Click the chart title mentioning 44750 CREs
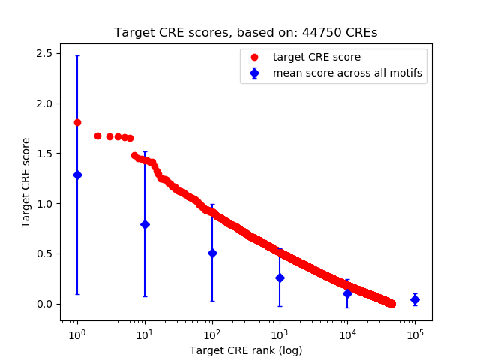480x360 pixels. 245,33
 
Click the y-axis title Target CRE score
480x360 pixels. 26,182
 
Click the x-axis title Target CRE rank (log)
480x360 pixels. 245,349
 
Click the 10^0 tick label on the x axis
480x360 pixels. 76,333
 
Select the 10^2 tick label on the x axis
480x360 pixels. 212,333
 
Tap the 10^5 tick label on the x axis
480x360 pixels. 415,333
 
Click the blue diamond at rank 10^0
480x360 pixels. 77,175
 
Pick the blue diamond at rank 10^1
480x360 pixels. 145,224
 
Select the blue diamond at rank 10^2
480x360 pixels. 212,253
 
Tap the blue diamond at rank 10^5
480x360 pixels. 415,299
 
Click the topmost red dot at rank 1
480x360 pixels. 77,122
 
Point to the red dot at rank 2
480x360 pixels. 97,136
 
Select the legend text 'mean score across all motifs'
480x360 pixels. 346,73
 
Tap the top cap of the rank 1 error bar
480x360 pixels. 77,55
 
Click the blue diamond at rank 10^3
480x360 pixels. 280,277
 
